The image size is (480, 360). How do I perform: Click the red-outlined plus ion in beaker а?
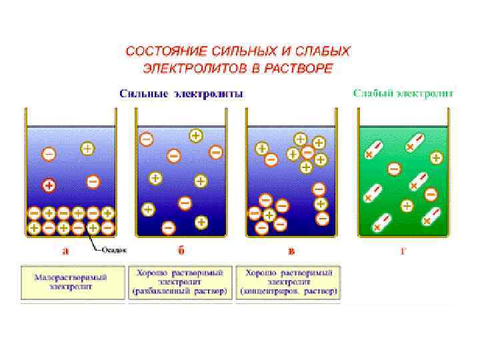(x=49, y=185)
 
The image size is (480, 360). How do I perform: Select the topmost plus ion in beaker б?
(x=195, y=135)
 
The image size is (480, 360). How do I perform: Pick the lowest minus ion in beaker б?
(x=168, y=229)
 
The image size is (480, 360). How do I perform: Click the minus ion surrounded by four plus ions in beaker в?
(x=307, y=153)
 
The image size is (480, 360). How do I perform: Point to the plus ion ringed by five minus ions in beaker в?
(x=269, y=215)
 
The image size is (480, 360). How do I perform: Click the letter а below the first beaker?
(x=65, y=251)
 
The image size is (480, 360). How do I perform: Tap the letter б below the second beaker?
(x=181, y=251)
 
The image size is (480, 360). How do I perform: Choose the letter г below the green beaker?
(x=405, y=251)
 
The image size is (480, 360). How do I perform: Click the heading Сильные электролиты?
(x=181, y=94)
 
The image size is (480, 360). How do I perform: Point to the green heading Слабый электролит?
(x=403, y=94)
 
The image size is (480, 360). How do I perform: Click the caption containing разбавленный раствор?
(x=181, y=282)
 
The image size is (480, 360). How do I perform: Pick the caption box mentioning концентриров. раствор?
(x=290, y=282)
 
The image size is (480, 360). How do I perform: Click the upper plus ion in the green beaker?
(x=437, y=158)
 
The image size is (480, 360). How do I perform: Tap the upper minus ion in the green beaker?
(x=394, y=169)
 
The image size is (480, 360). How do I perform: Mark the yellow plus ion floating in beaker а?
(x=87, y=149)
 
